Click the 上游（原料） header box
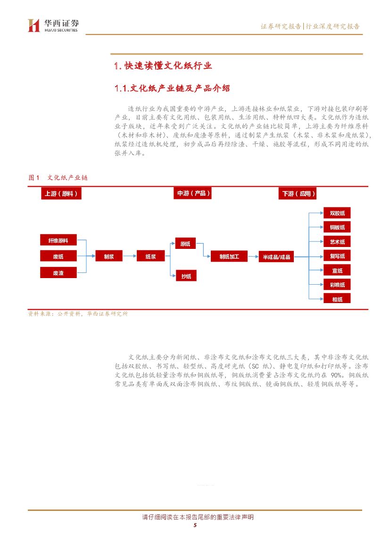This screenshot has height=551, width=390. pos(61,194)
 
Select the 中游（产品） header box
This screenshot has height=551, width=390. pos(193,193)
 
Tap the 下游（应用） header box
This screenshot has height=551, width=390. pos(299,194)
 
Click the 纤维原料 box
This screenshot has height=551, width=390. pos(58,241)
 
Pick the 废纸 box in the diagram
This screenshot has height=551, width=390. pos(58,256)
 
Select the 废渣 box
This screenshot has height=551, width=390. pos(58,273)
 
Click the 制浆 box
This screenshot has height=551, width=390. pos(109,256)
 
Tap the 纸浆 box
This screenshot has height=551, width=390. pos(150,256)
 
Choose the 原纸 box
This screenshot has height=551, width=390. pos(185,244)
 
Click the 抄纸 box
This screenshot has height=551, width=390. pos(186,276)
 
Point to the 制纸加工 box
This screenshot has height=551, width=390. pos(229,256)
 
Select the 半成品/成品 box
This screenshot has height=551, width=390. pos(276,257)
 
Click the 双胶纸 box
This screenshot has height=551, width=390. pos(337,214)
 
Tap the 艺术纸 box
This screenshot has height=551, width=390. pos(337,242)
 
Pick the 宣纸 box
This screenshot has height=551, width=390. pos(337,271)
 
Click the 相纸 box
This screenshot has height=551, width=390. pos(337,299)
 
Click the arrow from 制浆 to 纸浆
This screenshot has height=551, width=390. pos(130,256)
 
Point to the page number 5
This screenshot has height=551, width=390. pos(195,525)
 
